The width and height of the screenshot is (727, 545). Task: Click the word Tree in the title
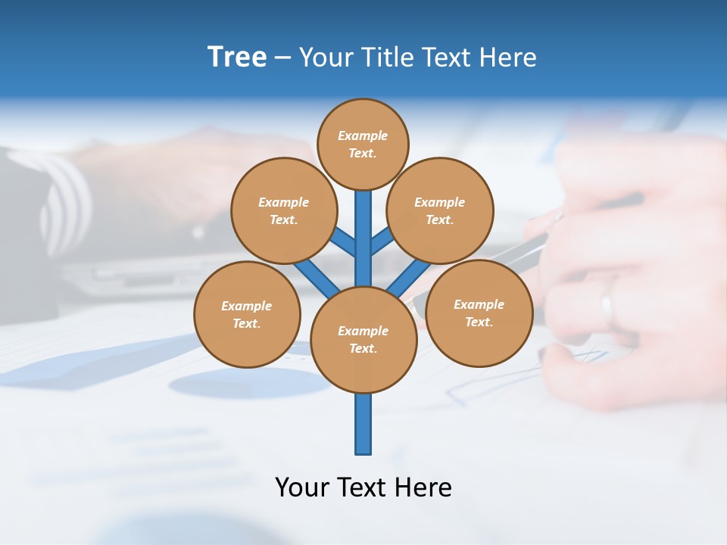[237, 57]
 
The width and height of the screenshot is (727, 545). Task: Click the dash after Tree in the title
[282, 58]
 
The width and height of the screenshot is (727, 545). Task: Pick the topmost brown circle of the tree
[363, 144]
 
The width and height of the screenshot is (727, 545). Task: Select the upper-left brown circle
[283, 210]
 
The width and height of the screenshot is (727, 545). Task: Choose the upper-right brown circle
[439, 210]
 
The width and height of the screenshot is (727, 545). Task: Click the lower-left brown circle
[247, 314]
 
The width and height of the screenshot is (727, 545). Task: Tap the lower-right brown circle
[479, 313]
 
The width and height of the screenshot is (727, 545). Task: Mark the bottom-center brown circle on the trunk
[363, 340]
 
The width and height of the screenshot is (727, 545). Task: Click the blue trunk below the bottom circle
[363, 424]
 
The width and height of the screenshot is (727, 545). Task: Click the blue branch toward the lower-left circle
[317, 278]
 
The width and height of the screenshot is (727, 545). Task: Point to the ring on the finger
[606, 307]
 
